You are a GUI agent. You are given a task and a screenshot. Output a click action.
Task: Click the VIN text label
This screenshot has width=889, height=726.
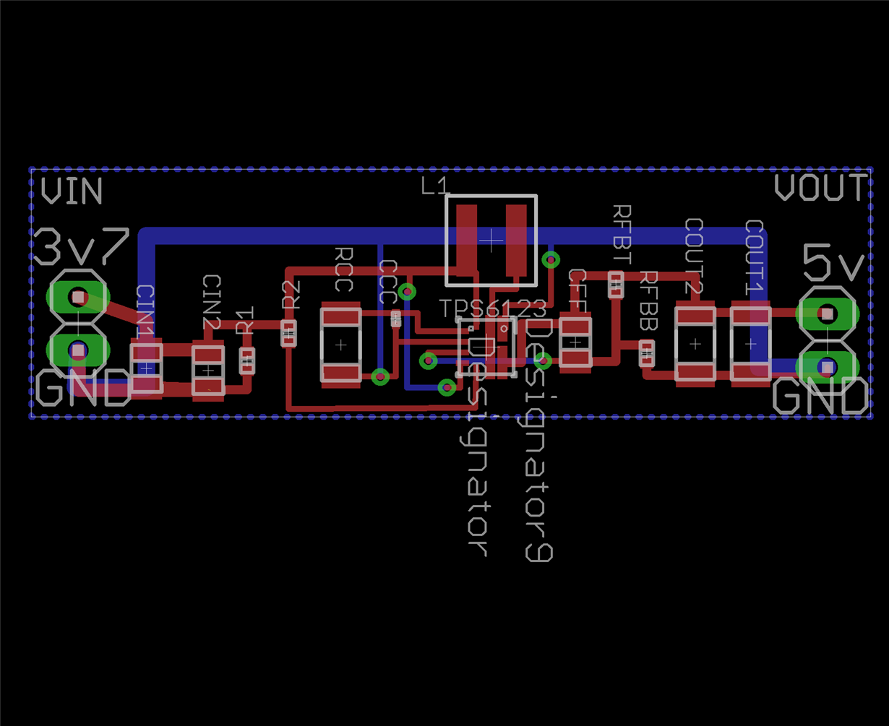[72, 191]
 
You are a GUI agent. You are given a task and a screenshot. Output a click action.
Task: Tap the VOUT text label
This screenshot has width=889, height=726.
[820, 188]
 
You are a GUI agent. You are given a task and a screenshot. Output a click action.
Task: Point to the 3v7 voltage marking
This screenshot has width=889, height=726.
[81, 246]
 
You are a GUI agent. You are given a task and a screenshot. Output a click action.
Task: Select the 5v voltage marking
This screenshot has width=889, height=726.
[833, 263]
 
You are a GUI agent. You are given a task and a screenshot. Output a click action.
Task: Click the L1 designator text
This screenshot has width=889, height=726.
[434, 187]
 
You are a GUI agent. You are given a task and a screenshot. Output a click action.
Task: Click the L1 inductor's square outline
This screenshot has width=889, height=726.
[491, 241]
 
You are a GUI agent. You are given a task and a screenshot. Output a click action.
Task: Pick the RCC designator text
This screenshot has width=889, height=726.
[344, 269]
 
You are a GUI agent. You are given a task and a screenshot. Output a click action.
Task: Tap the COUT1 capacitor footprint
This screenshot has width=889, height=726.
[750, 344]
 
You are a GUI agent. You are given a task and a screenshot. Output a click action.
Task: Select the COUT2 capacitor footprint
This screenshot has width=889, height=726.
[695, 344]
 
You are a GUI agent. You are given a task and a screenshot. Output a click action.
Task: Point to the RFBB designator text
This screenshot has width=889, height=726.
[648, 301]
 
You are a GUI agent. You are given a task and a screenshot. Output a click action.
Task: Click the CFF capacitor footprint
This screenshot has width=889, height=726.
[575, 342]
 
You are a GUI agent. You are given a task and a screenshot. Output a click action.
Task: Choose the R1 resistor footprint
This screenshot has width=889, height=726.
[247, 360]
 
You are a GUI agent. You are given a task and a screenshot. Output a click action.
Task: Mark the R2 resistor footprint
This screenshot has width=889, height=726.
[288, 332]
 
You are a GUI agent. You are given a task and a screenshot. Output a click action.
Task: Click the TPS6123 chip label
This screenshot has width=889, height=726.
[494, 309]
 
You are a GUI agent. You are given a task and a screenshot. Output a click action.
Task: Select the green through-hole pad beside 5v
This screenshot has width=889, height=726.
[827, 314]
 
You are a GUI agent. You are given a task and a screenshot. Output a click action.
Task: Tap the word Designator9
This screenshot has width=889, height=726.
[539, 441]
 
